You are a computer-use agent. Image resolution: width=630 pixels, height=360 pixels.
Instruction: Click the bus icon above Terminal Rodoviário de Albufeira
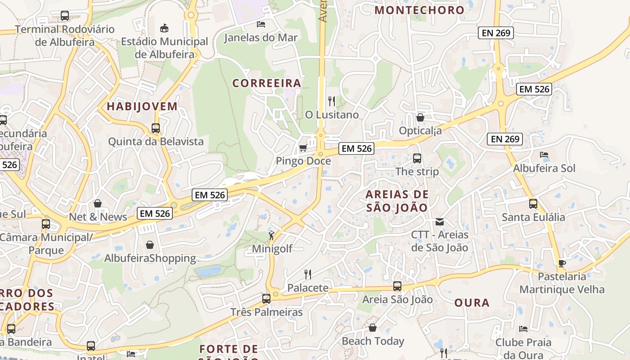65,16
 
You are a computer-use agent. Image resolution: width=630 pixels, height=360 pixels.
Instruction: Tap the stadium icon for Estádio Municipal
164,28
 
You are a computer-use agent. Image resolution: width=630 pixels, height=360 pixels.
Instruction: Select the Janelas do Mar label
261,37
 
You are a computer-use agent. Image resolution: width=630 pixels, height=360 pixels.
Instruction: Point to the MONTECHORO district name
419,10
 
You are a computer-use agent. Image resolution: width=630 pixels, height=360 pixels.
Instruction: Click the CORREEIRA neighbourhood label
267,83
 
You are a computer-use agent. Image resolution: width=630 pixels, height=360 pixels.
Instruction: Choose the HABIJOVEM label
142,107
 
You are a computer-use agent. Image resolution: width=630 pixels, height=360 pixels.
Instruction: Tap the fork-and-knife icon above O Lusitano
332,101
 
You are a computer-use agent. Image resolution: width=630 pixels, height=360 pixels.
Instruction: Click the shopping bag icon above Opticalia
420,117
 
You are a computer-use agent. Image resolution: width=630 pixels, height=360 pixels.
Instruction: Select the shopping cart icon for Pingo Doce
303,148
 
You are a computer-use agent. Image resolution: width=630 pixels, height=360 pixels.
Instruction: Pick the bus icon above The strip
417,158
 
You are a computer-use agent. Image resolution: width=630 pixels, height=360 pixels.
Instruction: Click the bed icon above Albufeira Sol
544,155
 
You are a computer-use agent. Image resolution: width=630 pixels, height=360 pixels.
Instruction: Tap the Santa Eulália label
533,217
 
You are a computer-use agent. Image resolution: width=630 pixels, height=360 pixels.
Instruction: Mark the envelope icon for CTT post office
440,221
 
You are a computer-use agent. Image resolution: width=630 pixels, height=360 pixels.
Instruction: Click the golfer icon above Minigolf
271,235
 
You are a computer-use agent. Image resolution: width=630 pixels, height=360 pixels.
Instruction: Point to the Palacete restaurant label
308,288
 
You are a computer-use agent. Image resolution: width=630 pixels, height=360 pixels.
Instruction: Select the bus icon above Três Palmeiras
266,298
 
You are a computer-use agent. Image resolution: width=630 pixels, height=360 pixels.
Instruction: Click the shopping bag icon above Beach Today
373,328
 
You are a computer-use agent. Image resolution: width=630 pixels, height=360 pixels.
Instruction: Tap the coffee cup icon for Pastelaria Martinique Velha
562,263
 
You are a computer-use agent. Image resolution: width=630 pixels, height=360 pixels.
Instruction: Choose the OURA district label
472,302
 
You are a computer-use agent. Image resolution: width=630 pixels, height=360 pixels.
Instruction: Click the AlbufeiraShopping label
150,258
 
